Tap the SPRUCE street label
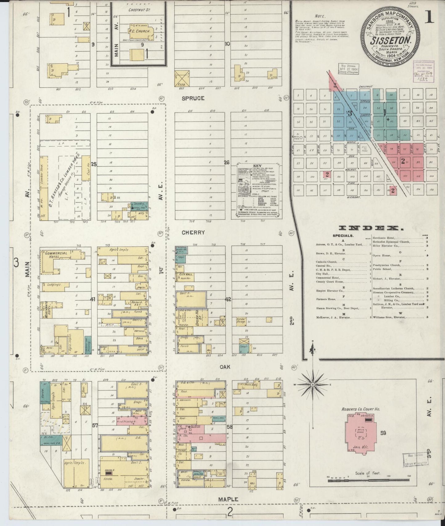(193, 98)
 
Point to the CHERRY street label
(193, 233)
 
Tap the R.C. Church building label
(140, 31)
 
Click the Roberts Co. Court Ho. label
(360, 409)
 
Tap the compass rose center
(313, 385)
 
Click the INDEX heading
(371, 228)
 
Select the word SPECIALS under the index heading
(343, 236)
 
